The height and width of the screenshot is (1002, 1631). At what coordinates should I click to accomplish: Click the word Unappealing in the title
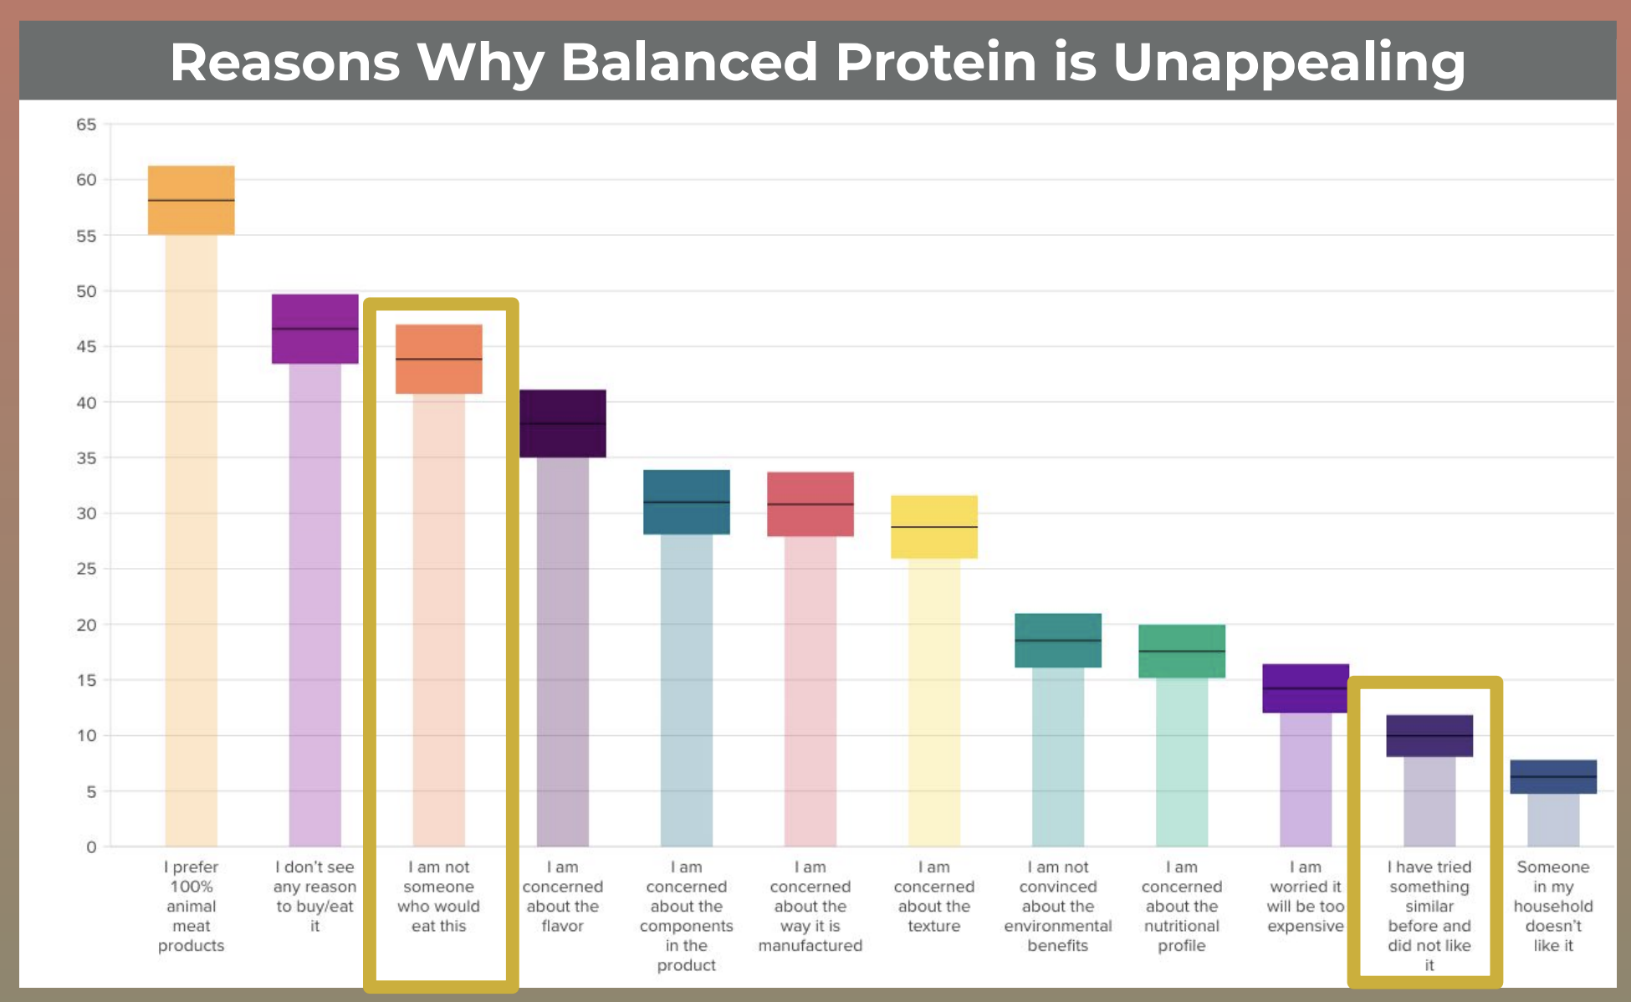(x=1289, y=64)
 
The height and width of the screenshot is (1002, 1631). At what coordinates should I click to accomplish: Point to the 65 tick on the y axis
(x=86, y=125)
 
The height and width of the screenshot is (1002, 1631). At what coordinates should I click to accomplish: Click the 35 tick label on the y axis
(x=86, y=458)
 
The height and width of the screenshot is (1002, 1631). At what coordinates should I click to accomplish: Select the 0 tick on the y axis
(x=91, y=847)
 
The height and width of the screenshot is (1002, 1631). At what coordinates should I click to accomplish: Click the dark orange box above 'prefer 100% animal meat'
(x=191, y=200)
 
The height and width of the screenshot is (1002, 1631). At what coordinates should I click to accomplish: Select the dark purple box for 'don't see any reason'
(x=314, y=329)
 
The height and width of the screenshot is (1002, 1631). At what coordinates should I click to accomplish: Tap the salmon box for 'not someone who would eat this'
(x=438, y=359)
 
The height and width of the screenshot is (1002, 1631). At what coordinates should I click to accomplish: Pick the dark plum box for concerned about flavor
(x=562, y=423)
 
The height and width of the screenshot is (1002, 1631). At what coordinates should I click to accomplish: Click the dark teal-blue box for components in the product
(x=686, y=502)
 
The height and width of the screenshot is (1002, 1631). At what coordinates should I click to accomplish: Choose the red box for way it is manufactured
(x=810, y=504)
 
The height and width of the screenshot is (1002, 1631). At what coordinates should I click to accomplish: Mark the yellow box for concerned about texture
(x=933, y=527)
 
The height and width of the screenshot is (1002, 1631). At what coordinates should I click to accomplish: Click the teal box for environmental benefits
(x=1057, y=641)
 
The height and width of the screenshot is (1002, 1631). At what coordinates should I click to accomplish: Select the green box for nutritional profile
(x=1181, y=651)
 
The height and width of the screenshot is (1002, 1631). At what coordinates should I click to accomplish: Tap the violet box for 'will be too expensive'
(x=1305, y=688)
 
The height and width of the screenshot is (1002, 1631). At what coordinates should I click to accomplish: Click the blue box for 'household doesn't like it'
(x=1552, y=777)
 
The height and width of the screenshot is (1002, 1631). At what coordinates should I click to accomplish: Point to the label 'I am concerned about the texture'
(x=933, y=897)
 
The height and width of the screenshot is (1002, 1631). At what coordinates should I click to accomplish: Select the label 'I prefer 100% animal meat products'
(x=191, y=906)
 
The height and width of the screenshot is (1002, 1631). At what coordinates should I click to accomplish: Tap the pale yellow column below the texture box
(x=933, y=703)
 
